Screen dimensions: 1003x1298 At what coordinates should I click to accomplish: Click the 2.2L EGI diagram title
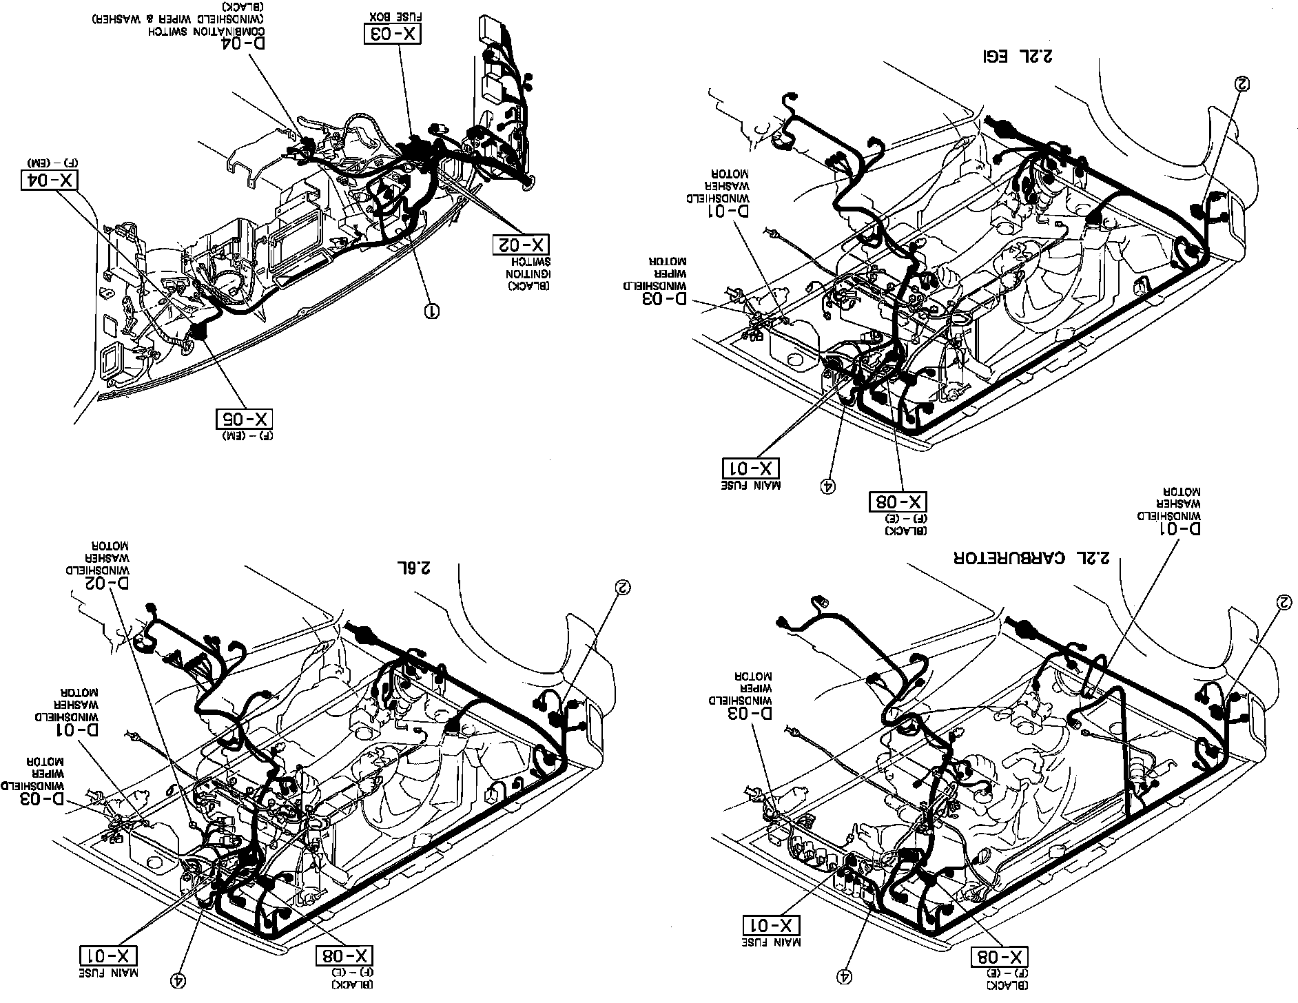[x=1017, y=54]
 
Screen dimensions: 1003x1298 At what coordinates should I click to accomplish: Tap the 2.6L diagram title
[x=413, y=568]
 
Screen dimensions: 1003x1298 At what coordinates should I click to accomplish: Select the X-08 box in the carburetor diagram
[x=999, y=957]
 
